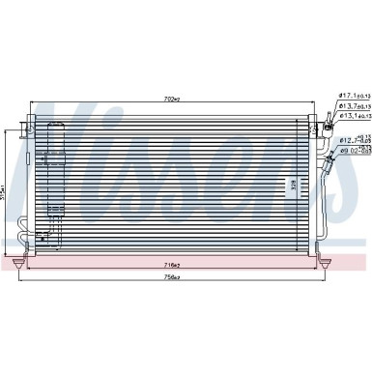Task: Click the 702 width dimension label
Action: [174, 99]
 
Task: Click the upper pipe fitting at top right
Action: [328, 119]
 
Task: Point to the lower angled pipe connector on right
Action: [333, 154]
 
